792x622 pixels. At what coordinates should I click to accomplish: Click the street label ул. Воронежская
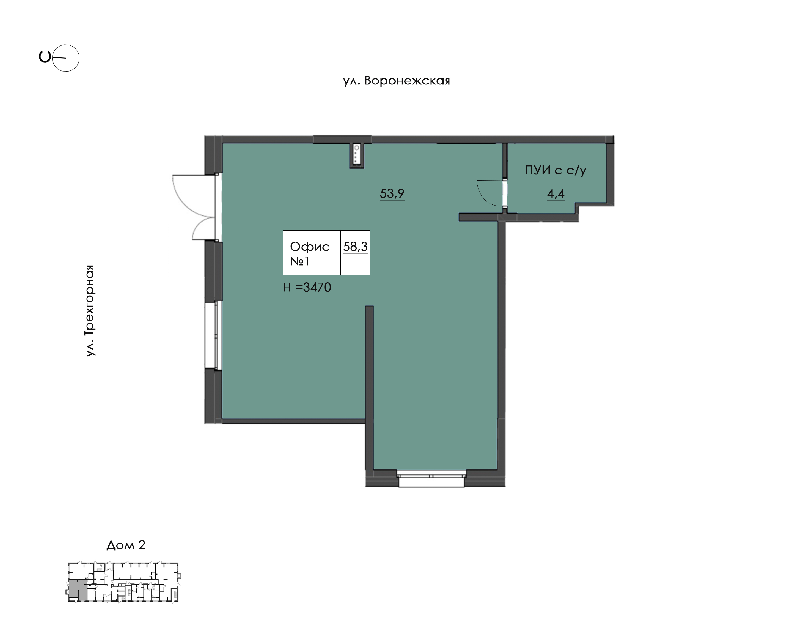396,80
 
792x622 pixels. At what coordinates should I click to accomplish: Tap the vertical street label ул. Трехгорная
89,311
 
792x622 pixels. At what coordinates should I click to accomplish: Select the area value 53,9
392,193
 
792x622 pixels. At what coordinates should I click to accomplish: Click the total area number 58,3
355,247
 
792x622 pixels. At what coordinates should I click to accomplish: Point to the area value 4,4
556,193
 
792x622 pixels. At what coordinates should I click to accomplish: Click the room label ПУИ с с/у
555,170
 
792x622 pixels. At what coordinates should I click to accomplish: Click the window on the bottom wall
431,478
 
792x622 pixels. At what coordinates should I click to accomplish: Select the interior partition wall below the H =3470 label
369,388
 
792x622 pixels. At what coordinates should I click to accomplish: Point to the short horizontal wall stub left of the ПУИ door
479,217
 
